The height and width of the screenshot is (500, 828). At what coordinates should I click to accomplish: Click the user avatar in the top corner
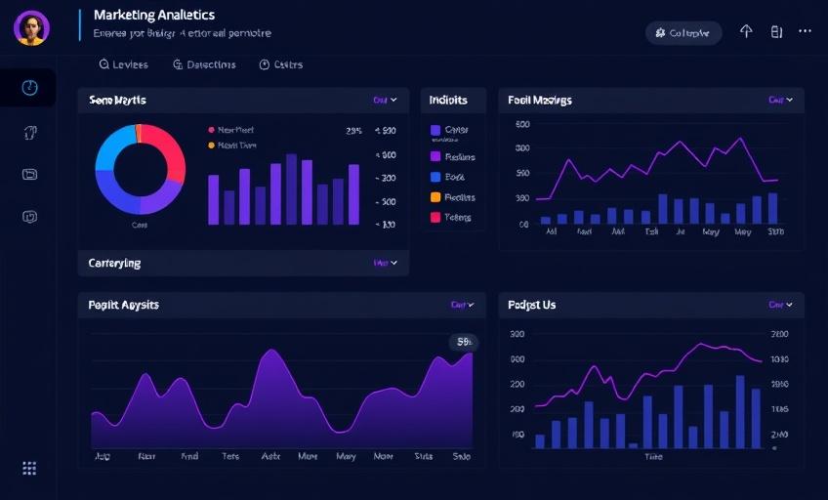point(31,28)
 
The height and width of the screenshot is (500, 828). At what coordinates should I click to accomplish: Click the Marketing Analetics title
point(153,16)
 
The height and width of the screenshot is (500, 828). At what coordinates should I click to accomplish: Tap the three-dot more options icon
point(805,31)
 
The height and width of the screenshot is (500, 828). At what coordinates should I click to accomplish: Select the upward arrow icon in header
point(746,31)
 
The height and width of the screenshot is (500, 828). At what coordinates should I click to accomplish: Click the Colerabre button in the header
point(683,32)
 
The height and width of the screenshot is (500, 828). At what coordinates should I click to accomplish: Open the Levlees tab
point(124,64)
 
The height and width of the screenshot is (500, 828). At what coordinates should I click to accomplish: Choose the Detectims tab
point(204,64)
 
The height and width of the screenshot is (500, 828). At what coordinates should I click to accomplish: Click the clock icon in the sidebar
point(29,88)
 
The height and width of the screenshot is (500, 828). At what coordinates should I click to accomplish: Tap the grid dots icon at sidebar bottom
point(29,469)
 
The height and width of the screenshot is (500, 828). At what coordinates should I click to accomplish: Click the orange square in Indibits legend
point(435,197)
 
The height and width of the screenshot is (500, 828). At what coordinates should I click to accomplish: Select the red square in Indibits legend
point(435,218)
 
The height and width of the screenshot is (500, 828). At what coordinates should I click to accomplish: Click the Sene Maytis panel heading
point(117,100)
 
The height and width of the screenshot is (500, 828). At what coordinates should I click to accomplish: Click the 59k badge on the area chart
point(463,342)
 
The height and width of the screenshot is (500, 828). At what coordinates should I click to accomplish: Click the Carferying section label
point(114,263)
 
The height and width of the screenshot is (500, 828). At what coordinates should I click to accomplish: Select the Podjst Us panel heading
point(532,305)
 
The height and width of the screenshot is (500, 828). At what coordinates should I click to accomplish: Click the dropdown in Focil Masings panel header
point(780,100)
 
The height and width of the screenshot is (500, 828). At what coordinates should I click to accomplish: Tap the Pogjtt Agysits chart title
point(124,305)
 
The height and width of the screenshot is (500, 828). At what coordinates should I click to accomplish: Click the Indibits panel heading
point(448,100)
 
